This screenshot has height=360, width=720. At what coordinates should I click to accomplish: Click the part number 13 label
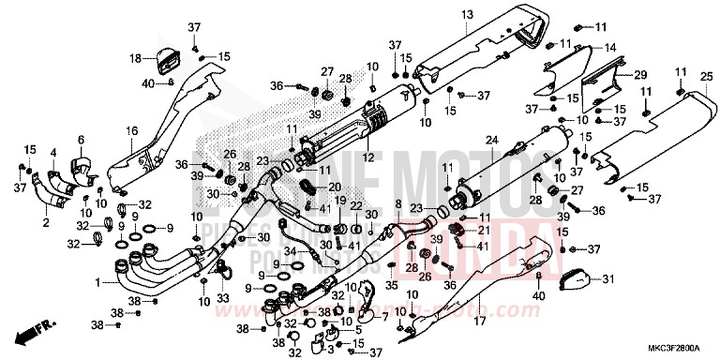(465, 14)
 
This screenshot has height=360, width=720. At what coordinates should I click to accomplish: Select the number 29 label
(640, 74)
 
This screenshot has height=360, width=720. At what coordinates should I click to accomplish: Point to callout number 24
(488, 140)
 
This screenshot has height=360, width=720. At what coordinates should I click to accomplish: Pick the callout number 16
(131, 130)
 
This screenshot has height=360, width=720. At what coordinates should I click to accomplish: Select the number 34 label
(290, 251)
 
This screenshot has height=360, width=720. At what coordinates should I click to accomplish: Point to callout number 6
(81, 140)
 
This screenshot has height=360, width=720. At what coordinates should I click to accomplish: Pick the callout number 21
(485, 230)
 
